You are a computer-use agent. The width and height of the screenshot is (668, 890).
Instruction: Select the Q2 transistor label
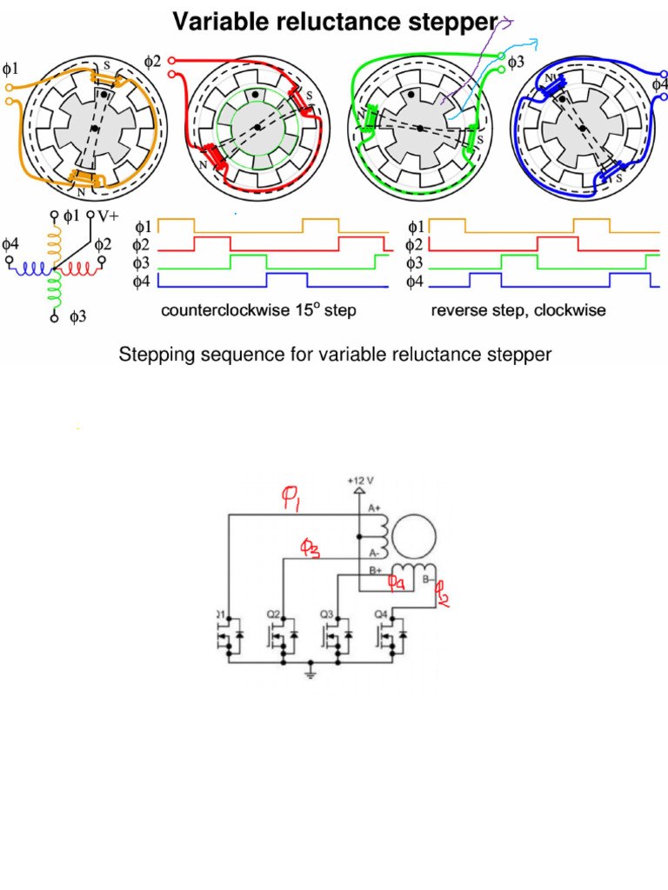[273, 614]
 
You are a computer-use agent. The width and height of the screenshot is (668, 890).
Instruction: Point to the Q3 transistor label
[327, 614]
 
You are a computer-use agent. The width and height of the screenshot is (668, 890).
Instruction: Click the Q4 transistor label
[380, 614]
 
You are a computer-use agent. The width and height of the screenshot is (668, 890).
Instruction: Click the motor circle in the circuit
[413, 533]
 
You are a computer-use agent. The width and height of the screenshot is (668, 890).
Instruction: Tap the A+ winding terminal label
[375, 508]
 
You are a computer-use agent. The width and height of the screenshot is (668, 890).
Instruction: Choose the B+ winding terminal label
[375, 571]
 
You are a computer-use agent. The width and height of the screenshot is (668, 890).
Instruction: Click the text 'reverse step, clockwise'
[518, 311]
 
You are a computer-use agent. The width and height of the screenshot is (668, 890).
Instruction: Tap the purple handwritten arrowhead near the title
[509, 23]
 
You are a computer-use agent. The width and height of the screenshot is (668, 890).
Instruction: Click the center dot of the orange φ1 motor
[94, 130]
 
